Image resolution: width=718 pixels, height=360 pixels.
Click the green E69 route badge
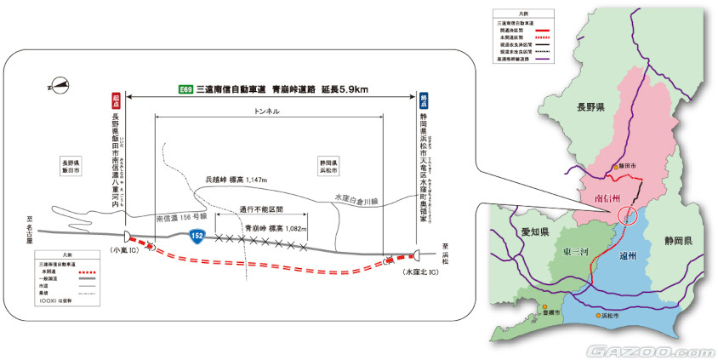(x=183, y=89)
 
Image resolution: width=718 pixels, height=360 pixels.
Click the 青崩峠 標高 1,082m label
(x=276, y=229)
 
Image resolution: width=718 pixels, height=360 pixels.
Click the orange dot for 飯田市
(x=614, y=168)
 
